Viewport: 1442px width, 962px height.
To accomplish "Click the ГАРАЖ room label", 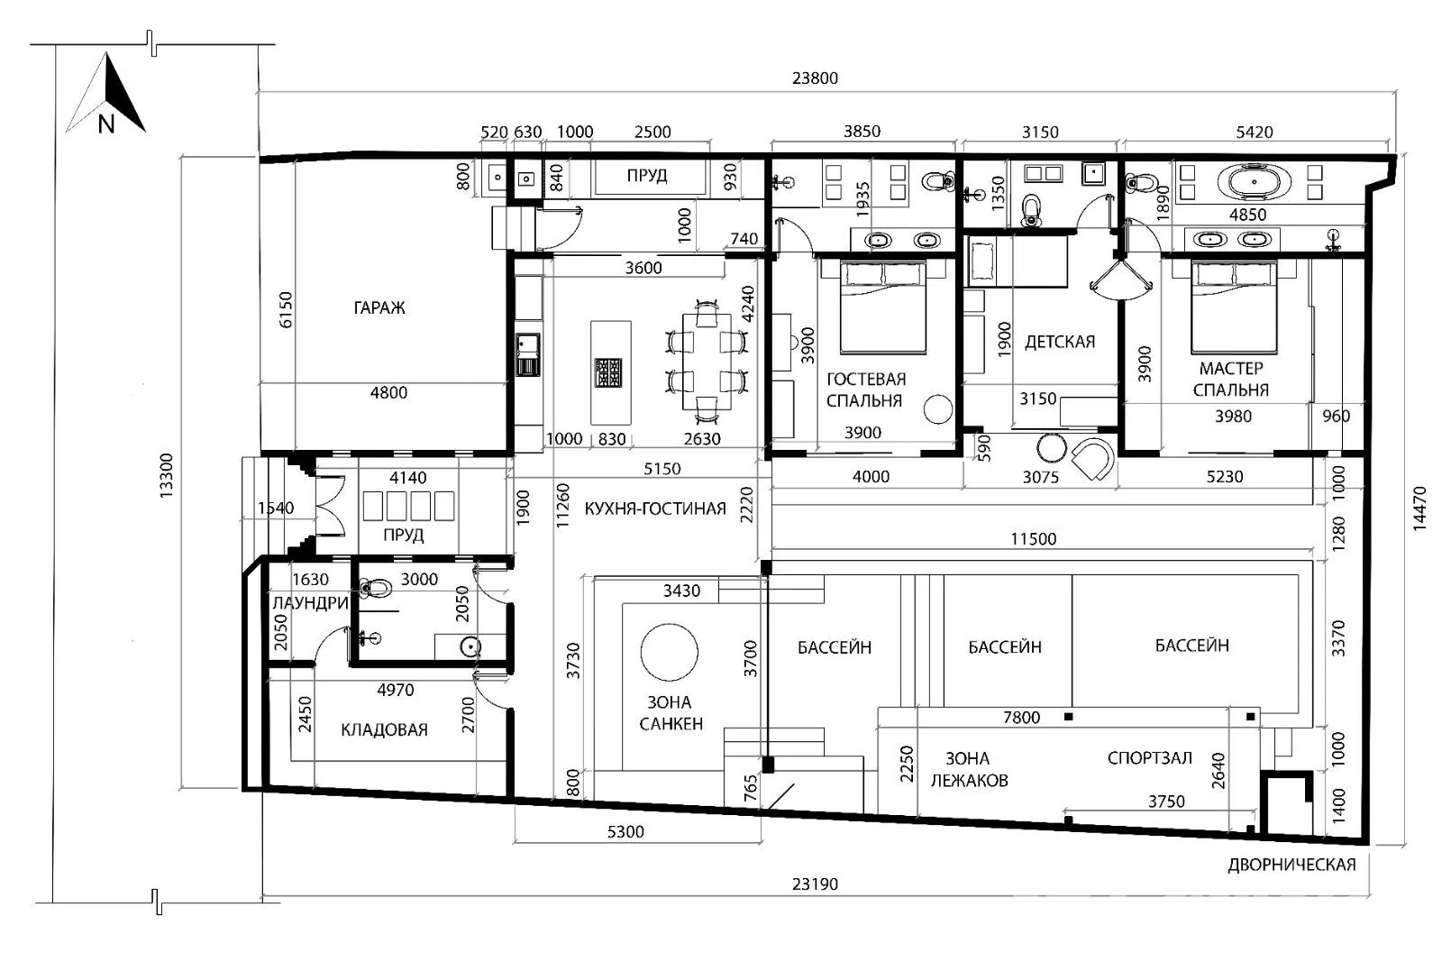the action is point(379,307).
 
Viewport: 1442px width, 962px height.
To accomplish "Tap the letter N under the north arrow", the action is point(106,124).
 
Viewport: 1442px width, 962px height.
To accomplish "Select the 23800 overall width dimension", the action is point(815,78).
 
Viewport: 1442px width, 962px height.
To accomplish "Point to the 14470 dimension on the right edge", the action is point(1419,508).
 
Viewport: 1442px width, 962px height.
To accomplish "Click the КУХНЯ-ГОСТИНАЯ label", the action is point(654,508).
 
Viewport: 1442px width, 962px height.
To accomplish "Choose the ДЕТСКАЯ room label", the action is point(1060,342).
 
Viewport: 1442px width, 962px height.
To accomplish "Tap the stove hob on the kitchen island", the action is point(608,373).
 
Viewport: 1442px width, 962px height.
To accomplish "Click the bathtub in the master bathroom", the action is point(1254,182).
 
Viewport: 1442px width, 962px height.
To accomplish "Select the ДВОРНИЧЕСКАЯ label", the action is point(1291,865).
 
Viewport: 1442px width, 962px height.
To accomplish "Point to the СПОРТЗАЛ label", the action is point(1150,758).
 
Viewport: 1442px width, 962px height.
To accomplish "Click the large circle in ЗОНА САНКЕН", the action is point(669,652).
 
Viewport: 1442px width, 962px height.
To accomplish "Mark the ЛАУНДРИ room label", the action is point(310,603).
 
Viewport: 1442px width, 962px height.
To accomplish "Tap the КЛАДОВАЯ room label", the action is point(384,729).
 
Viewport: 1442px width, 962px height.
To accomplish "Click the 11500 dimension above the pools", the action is point(1033,539).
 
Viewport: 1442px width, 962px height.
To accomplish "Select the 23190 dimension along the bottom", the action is point(815,884).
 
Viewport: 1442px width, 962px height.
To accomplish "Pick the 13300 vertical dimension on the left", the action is point(166,475).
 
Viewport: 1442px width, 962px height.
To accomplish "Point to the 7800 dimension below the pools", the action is point(1022,718).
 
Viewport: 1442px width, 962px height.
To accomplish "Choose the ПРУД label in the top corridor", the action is point(647,175).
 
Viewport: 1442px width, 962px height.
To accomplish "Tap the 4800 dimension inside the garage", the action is point(388,392).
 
